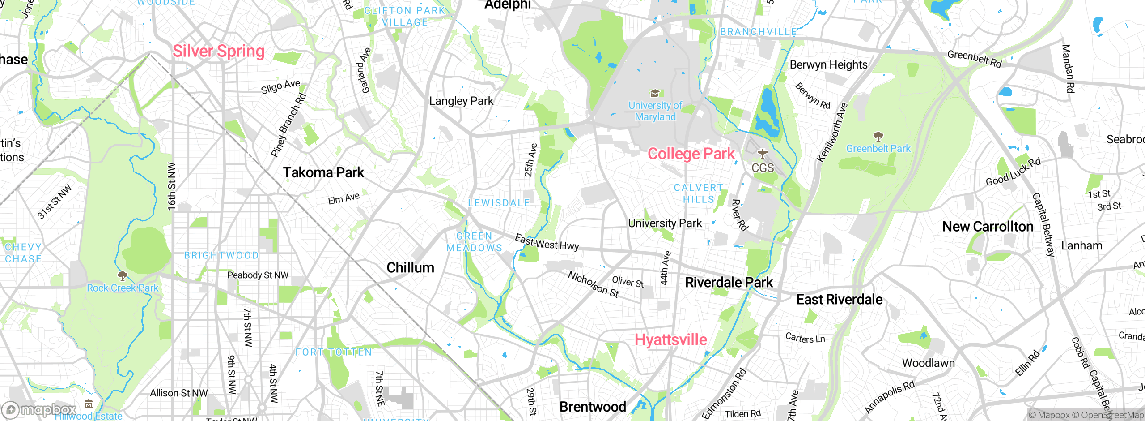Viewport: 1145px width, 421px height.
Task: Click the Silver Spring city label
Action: tap(218, 51)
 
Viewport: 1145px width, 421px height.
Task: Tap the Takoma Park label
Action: tap(323, 172)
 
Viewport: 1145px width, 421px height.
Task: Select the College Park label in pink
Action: tap(691, 154)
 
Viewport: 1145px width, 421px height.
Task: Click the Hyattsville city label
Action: tap(670, 339)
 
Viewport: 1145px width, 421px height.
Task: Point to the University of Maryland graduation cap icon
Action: tap(655, 93)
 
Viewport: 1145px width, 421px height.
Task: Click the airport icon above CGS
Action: tap(763, 154)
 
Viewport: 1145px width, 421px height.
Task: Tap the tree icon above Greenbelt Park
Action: tap(878, 136)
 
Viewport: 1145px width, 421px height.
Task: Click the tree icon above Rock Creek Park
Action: tap(122, 275)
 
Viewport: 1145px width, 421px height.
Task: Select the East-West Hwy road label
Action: tap(547, 242)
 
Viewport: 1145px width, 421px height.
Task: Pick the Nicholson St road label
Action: tap(593, 284)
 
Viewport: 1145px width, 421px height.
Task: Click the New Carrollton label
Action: tap(988, 227)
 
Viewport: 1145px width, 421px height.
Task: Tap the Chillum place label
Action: tap(410, 268)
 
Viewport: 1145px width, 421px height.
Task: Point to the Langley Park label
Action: tap(461, 101)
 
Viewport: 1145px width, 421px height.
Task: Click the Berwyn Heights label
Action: tap(828, 65)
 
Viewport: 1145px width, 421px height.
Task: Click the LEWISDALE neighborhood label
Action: tap(499, 203)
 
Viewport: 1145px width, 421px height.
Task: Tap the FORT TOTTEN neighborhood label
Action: tap(333, 352)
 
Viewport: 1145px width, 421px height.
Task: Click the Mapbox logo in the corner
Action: tap(39, 409)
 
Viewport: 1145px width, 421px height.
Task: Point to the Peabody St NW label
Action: tap(258, 275)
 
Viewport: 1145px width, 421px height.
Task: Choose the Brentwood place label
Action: tap(593, 407)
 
